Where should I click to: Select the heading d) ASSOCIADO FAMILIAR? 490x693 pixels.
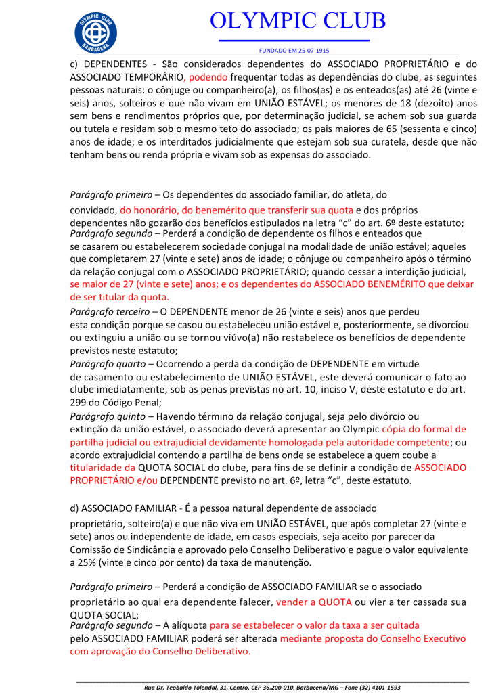tap(137, 508)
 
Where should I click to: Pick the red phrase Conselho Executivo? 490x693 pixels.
tap(424, 639)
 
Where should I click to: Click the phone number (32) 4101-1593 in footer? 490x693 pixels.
tap(374, 687)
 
